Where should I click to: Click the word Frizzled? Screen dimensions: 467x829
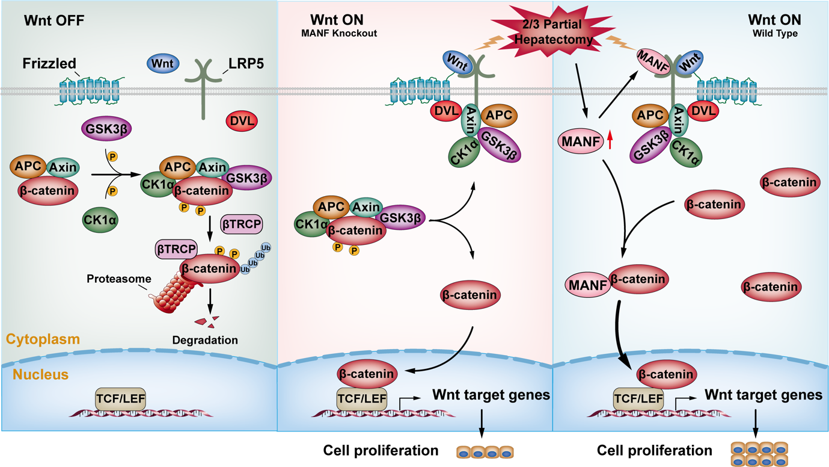(x=49, y=63)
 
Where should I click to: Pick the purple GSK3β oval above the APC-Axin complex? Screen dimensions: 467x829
(x=106, y=128)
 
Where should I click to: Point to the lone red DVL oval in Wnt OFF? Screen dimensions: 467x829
(x=242, y=121)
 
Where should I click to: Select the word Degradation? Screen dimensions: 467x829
(x=204, y=340)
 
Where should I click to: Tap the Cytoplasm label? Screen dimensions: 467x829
(x=43, y=339)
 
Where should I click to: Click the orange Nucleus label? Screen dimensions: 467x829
(x=41, y=375)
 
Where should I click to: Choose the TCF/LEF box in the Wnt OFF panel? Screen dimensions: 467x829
(x=120, y=398)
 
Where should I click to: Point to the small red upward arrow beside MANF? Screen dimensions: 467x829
(x=610, y=141)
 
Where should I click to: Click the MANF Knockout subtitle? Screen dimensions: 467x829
(x=339, y=34)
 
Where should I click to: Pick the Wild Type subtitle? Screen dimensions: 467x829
(x=775, y=34)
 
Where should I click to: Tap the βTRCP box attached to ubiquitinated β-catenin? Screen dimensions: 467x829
(x=176, y=248)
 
